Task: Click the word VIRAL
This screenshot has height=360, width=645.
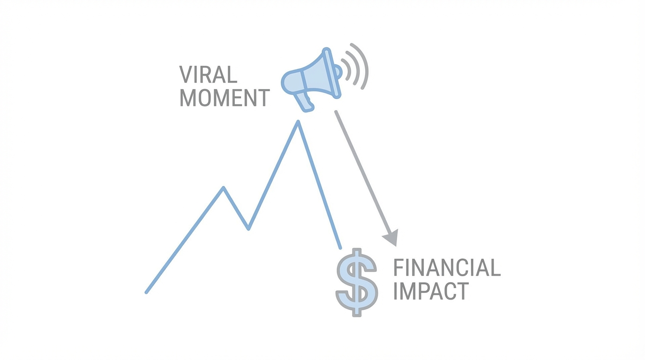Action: [x=208, y=75]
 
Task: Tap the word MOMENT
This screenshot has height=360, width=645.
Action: [x=225, y=97]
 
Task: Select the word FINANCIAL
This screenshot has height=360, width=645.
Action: [x=446, y=268]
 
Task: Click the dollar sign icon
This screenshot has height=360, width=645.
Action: [x=356, y=282]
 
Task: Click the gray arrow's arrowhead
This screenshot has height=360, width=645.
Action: [x=391, y=238]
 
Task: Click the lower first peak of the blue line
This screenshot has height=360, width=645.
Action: [x=224, y=188]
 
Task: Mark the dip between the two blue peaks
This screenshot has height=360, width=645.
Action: [x=248, y=229]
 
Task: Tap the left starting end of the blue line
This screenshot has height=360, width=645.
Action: [x=147, y=292]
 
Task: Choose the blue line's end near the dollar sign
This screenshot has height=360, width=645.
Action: [x=340, y=247]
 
